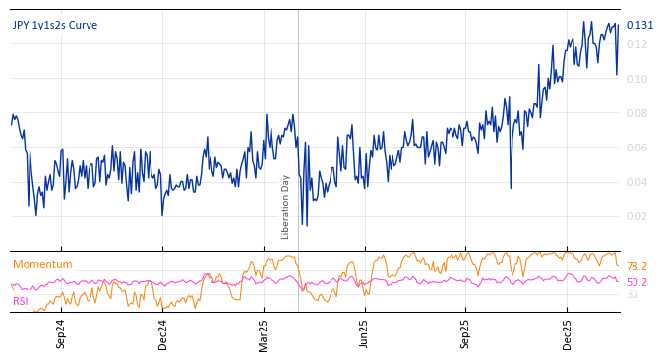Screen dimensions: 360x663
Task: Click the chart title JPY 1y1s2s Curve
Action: point(55,26)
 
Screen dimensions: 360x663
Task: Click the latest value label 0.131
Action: point(639,26)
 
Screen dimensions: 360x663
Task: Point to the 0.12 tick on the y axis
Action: point(636,45)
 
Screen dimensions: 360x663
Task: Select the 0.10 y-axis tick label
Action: point(636,80)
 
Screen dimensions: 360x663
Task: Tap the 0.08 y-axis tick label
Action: point(636,114)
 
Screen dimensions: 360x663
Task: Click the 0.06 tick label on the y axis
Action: point(636,149)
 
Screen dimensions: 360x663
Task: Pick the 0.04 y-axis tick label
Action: point(636,183)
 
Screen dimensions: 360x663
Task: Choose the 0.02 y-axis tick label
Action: point(636,217)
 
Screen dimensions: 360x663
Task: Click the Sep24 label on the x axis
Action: point(61,333)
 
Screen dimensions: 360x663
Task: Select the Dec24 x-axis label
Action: point(162,333)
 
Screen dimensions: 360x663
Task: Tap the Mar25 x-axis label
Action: point(264,333)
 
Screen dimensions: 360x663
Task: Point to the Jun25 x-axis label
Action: point(365,333)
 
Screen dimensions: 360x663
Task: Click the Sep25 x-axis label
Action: point(466,333)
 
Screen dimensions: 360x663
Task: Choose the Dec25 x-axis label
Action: point(568,333)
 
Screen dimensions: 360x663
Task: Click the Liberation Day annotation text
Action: point(286,207)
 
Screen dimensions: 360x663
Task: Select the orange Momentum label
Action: point(42,265)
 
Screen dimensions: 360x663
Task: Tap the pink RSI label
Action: point(21,301)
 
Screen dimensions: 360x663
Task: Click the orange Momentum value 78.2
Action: point(636,267)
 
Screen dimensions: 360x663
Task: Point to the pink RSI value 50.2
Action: point(636,283)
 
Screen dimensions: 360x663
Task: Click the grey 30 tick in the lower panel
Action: point(633,295)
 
